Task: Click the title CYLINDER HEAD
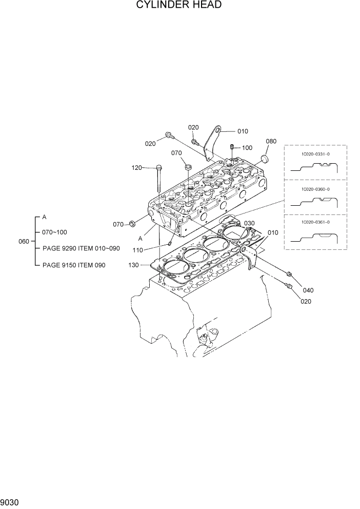click(x=179, y=5)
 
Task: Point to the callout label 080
click(x=271, y=141)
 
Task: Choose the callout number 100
click(x=247, y=148)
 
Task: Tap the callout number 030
click(x=249, y=223)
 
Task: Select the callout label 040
click(x=308, y=290)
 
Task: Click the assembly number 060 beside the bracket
click(x=24, y=241)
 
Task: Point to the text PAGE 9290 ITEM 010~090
click(x=81, y=248)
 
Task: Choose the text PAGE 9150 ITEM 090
click(x=75, y=265)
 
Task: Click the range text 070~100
click(x=54, y=232)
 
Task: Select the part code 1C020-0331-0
click(x=315, y=153)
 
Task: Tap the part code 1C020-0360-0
click(x=315, y=189)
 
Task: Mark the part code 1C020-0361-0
click(x=315, y=222)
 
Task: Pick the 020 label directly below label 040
click(x=306, y=302)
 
